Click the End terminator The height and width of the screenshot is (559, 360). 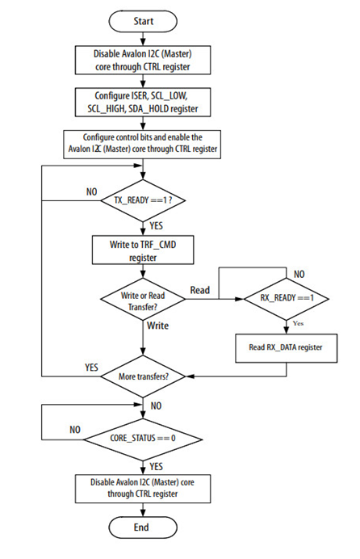click(143, 527)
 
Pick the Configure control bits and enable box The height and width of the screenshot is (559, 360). click(143, 143)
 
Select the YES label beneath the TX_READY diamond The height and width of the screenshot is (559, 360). click(158, 224)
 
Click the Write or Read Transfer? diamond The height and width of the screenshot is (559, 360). click(143, 301)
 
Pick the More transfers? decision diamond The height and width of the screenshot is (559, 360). click(143, 376)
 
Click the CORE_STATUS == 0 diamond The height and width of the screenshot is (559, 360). click(143, 438)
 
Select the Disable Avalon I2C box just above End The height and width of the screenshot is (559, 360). click(143, 488)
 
